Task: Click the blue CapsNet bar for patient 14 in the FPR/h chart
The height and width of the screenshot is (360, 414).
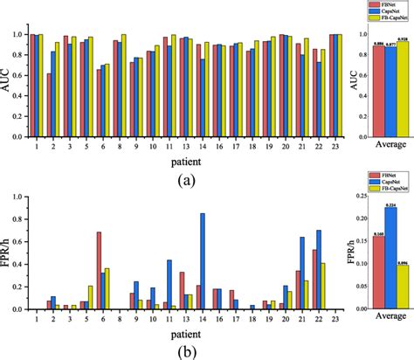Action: [203, 261]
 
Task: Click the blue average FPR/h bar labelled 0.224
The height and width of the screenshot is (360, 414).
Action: [390, 258]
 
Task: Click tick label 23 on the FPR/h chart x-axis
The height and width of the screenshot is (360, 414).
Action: [335, 319]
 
